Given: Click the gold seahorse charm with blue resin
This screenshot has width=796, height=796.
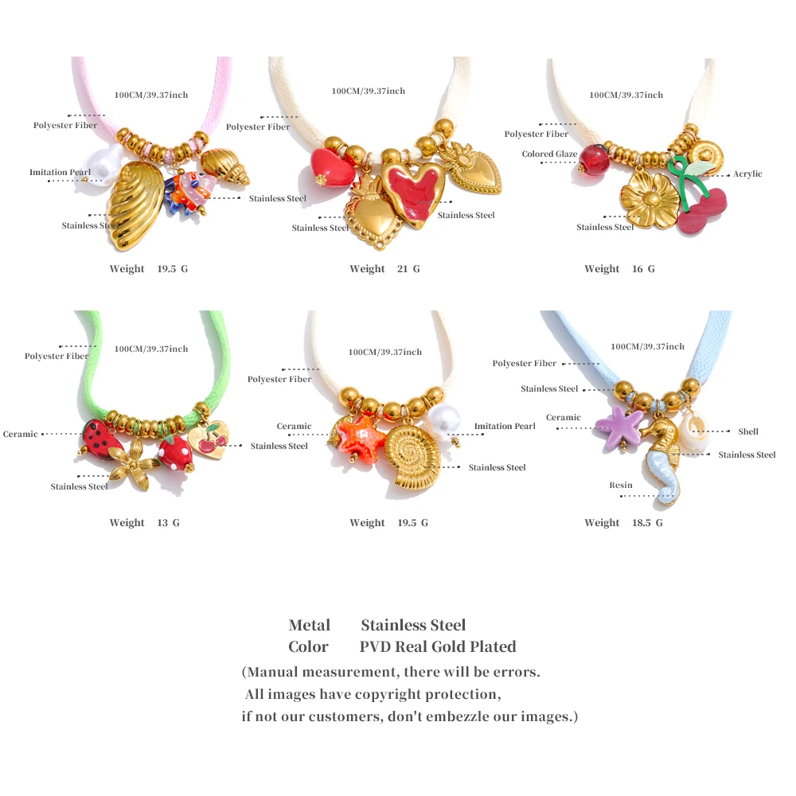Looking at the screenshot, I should coord(661,470).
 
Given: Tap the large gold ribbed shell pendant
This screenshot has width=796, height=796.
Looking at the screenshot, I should coord(135,206).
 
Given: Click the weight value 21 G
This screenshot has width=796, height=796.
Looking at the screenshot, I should coord(408,269).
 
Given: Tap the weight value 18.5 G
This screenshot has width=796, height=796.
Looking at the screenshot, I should coord(646,523).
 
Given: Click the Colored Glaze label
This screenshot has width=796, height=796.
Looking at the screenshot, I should coord(549,154).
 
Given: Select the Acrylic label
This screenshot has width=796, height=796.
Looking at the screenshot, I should coord(747,174).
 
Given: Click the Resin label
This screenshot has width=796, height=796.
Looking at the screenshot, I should coord(621,485).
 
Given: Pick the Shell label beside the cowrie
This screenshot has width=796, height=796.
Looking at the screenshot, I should coord(748,431).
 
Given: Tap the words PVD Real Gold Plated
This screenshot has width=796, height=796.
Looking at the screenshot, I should coord(438,646).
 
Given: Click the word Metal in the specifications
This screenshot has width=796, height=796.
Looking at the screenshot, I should coord(310,625).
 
